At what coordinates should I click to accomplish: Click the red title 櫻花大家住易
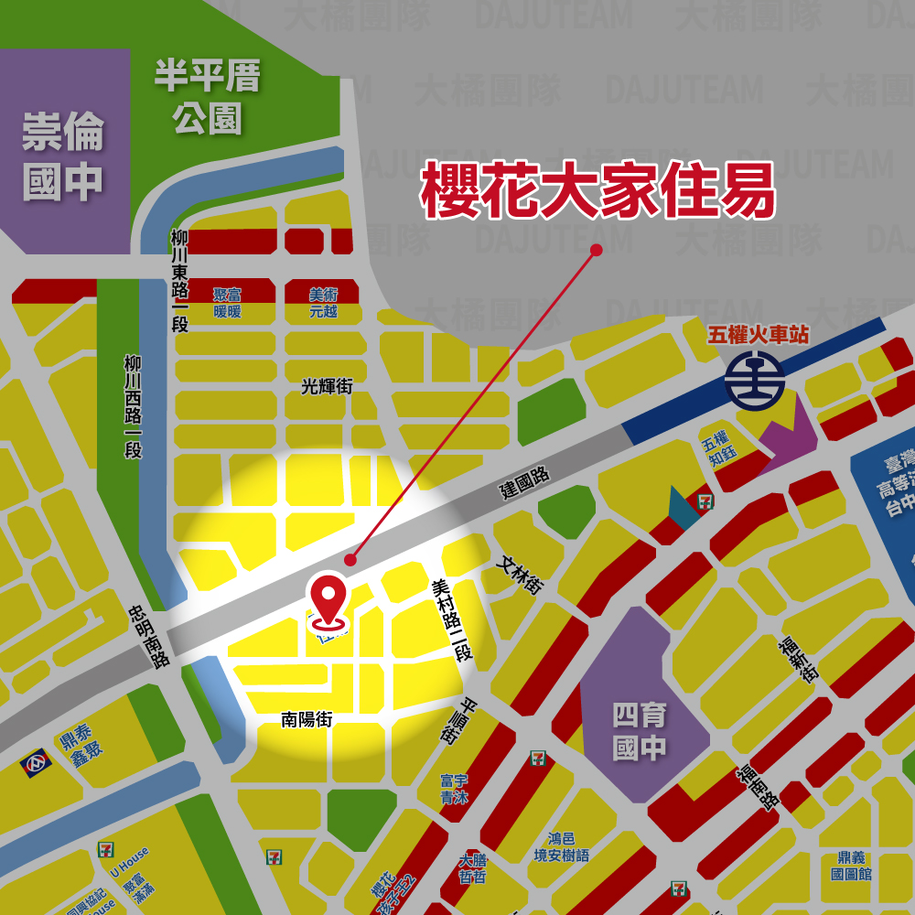click(x=598, y=190)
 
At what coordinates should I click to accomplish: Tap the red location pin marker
click(x=329, y=598)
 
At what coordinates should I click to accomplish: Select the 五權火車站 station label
click(x=759, y=335)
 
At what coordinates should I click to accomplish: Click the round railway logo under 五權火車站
click(x=755, y=381)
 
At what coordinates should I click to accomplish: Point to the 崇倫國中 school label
click(x=63, y=157)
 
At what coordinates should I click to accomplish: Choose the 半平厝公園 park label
click(x=207, y=97)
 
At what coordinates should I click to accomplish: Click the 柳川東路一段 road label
click(x=179, y=280)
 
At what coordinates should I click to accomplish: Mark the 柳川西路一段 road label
click(x=134, y=406)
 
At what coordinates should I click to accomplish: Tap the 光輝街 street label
click(x=327, y=387)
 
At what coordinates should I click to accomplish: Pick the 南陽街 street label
click(x=307, y=720)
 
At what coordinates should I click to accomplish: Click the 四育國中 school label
click(x=640, y=731)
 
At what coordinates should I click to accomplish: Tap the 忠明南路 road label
click(x=148, y=634)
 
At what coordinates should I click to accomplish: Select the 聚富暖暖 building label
click(x=227, y=303)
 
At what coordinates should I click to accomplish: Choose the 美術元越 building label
click(x=323, y=303)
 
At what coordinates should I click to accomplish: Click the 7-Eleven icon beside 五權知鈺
click(x=705, y=501)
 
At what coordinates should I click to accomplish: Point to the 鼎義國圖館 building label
click(x=851, y=866)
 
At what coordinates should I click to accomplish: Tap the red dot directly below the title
click(x=597, y=250)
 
